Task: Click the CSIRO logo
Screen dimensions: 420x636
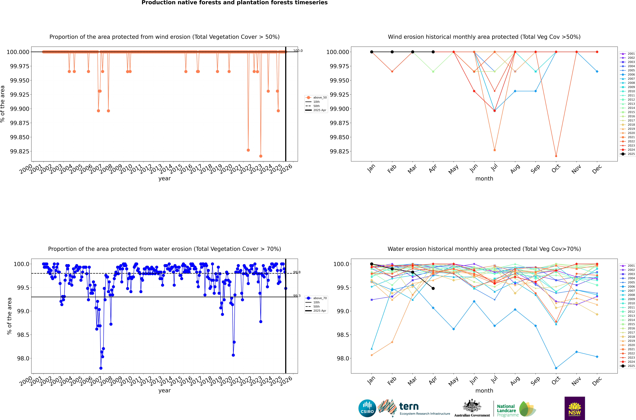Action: click(x=367, y=408)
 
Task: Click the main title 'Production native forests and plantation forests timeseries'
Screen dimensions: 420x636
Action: click(x=235, y=3)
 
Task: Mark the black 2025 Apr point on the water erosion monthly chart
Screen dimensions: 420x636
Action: click(x=433, y=289)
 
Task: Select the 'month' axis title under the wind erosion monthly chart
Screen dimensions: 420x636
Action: click(x=484, y=179)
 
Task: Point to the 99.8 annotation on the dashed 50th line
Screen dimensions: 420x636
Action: click(x=297, y=272)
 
